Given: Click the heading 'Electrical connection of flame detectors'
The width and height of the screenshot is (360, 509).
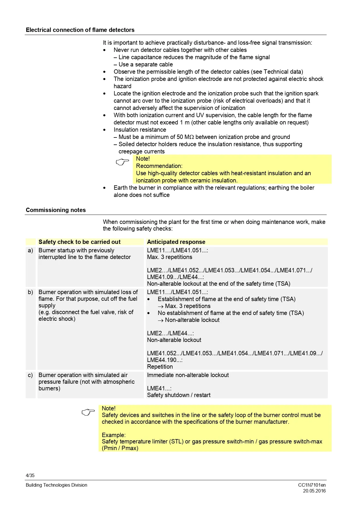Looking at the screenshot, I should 80,30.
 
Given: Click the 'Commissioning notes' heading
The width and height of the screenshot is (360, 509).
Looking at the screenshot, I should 56,210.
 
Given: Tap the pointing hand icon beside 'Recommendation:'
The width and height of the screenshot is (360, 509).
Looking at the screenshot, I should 122,162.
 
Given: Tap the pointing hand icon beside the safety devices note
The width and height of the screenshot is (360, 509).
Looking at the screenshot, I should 88,412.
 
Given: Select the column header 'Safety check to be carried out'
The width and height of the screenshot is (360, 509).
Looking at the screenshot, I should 79,242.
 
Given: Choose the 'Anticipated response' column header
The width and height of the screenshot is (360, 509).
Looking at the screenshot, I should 176,242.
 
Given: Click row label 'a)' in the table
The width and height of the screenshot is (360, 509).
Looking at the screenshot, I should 30,250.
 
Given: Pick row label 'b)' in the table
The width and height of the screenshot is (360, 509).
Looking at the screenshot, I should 30,292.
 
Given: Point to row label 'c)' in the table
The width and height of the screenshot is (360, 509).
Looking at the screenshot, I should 30,375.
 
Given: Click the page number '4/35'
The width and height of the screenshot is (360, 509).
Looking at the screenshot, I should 30,475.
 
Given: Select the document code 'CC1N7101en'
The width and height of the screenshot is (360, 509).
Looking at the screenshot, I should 312,485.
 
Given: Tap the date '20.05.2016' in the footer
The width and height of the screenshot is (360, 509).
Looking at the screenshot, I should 314,491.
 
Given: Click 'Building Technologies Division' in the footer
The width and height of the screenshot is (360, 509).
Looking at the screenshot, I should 57,485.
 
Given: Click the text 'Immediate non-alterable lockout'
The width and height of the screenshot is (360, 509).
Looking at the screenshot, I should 188,375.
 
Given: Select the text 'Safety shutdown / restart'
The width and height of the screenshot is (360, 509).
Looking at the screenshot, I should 179,395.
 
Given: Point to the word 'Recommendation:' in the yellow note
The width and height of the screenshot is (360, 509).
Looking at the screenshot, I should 159,166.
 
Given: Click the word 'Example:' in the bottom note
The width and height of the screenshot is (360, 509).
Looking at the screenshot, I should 114,435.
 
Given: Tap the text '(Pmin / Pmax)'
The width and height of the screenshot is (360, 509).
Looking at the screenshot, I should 120,448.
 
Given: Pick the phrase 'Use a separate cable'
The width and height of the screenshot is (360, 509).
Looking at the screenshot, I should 146,64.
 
